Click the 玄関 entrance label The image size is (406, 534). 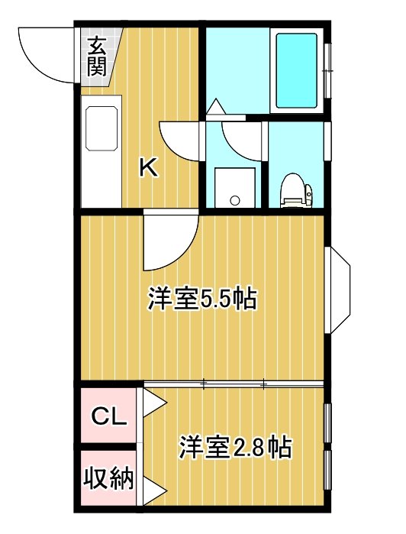97,57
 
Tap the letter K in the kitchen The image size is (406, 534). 149,167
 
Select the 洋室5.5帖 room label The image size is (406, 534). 201,299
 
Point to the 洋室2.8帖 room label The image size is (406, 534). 236,447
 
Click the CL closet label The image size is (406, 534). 109,416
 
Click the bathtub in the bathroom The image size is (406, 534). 296,70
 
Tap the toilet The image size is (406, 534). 296,190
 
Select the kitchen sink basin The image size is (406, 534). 101,128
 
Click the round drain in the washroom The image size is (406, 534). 235,200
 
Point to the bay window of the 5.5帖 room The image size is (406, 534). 337,290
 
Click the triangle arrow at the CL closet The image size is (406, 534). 154,403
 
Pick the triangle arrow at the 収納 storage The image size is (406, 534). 154,491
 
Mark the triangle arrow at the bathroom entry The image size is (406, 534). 215,107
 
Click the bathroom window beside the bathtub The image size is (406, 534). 327,70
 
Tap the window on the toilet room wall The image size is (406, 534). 327,141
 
